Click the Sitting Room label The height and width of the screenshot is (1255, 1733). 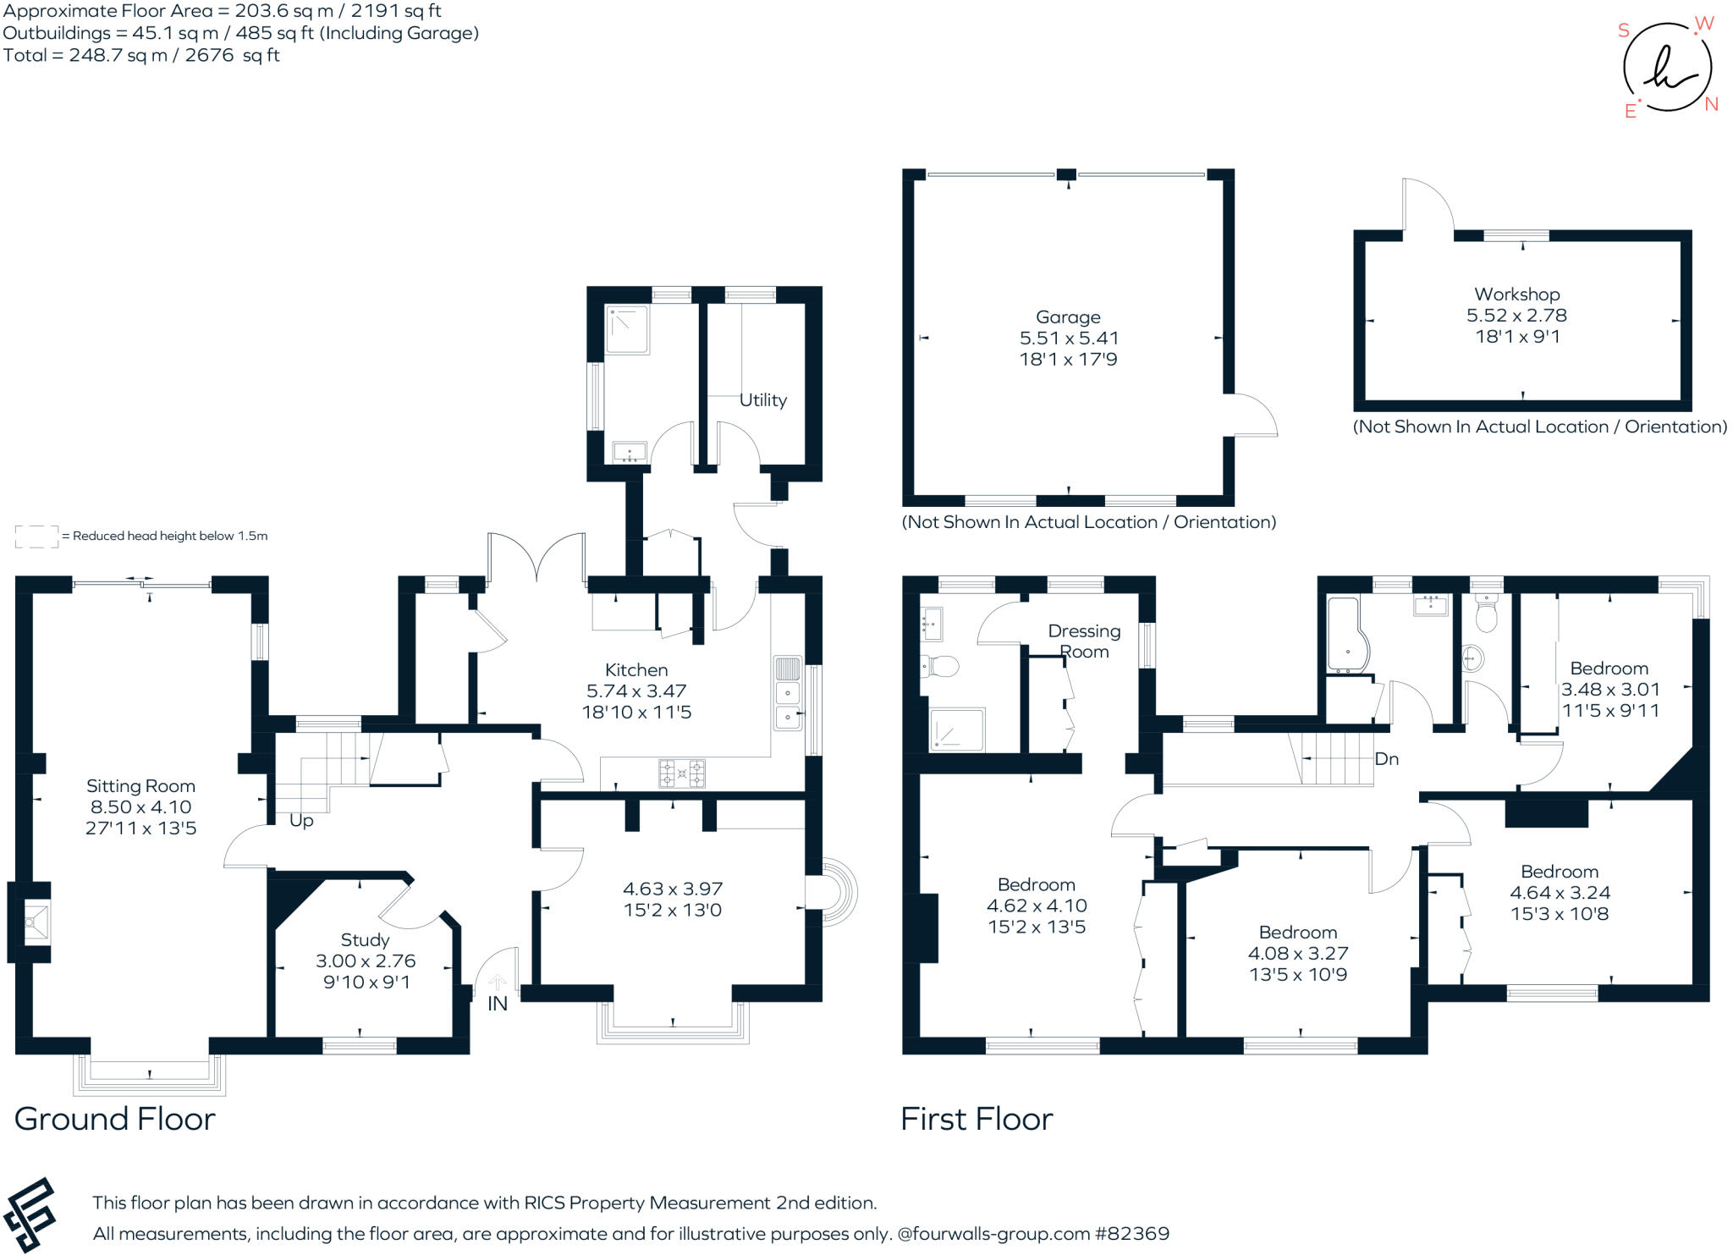pos(140,786)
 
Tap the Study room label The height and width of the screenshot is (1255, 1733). pos(366,940)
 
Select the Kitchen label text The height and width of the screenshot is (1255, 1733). pos(636,670)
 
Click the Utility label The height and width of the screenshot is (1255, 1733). pos(763,400)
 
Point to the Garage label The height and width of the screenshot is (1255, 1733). pos(1068,317)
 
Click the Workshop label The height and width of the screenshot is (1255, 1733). pos(1517,294)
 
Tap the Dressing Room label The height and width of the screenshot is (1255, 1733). pos(1084,641)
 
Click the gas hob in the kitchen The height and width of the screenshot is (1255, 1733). pos(682,773)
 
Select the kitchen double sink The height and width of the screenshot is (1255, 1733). pos(788,693)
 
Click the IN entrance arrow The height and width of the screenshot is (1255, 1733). pos(498,983)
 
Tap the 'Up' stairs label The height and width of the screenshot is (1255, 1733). pos(301,821)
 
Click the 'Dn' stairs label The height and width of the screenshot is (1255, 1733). pos(1386,759)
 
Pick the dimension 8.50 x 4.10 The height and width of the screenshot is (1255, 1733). pos(140,807)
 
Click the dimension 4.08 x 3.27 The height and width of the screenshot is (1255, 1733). pos(1298,954)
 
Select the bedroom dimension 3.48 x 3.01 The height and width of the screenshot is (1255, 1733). pos(1610,690)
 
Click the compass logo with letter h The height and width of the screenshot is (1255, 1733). pos(1667,68)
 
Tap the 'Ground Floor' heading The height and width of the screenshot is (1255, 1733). pos(115,1120)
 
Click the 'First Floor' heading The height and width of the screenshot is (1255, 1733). pos(977,1120)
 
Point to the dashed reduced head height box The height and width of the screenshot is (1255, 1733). pos(37,537)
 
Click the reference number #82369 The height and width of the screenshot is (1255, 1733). pos(1132,1234)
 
